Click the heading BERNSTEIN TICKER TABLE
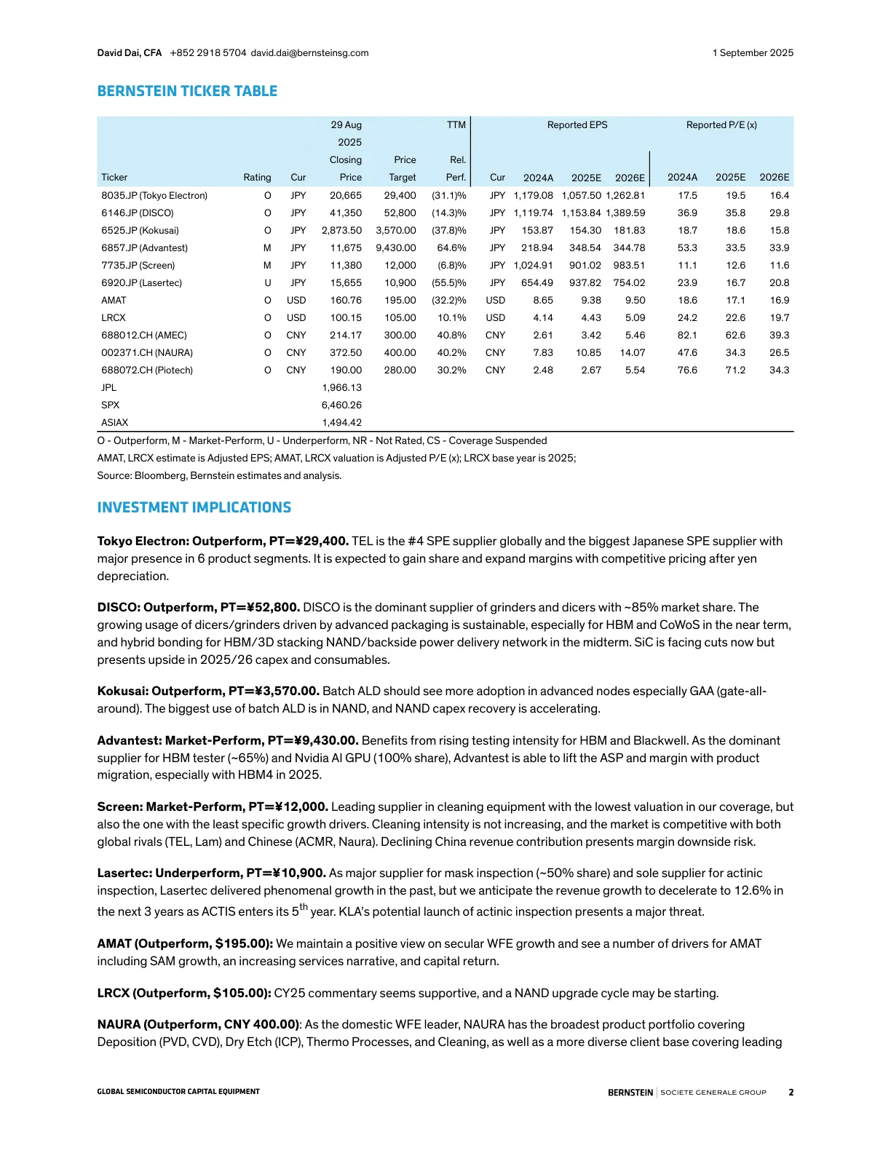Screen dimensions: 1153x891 tap(187, 91)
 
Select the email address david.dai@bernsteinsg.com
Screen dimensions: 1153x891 tap(309, 53)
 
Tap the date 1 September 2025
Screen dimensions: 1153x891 tap(753, 53)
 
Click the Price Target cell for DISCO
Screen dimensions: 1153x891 tap(400, 213)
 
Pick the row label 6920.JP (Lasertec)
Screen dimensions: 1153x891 tap(141, 283)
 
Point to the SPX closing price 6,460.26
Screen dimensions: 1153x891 tap(341, 405)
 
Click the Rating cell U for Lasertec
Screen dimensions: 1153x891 tap(267, 283)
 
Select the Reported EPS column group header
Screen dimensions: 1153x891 tap(577, 125)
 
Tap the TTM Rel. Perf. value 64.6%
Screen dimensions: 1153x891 tap(451, 248)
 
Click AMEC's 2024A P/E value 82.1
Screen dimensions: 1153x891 tap(687, 336)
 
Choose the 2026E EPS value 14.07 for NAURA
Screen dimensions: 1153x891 tap(632, 353)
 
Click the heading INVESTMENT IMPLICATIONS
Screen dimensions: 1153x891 tap(194, 507)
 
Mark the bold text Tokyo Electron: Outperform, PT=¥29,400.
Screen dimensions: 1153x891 tap(223, 542)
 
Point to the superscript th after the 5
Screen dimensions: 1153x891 tap(304, 907)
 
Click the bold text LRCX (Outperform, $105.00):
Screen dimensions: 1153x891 tap(184, 994)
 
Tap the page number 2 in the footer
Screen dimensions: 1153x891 tap(791, 1092)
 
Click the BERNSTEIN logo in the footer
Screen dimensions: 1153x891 tap(630, 1093)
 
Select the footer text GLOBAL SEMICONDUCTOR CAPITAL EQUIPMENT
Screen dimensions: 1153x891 tap(178, 1092)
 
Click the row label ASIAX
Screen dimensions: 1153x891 tap(114, 423)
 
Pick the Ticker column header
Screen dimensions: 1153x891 tap(114, 178)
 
